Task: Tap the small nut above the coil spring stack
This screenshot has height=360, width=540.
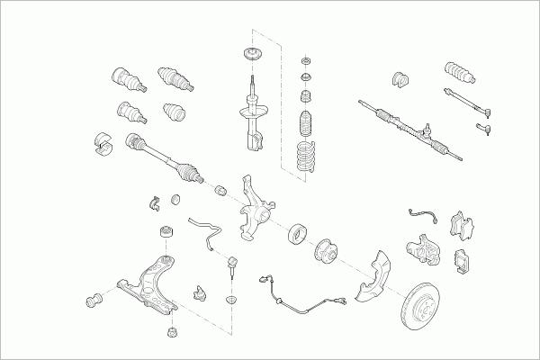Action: tap(307, 60)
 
